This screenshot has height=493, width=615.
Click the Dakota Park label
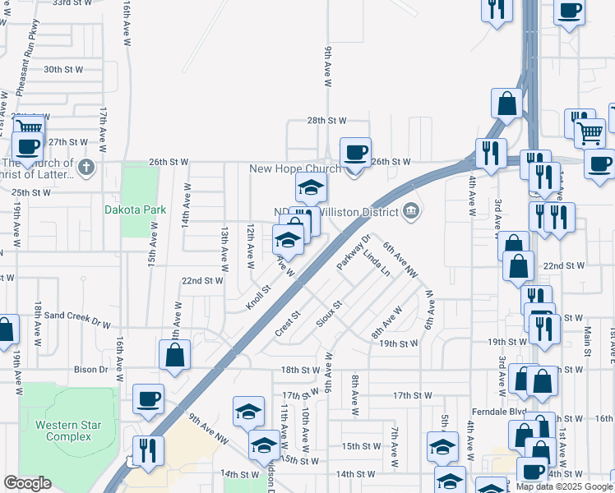[x=136, y=210]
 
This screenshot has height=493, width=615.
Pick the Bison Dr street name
[x=90, y=370]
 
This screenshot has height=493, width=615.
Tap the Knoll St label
[x=258, y=298]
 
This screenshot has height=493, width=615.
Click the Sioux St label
[x=329, y=314]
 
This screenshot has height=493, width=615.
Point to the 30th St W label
[x=64, y=70]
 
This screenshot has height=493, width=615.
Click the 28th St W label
[x=327, y=120]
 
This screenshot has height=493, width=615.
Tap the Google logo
[x=27, y=483]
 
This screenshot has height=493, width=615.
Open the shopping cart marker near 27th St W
[x=29, y=127]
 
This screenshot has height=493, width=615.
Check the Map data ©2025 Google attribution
[x=563, y=486]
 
